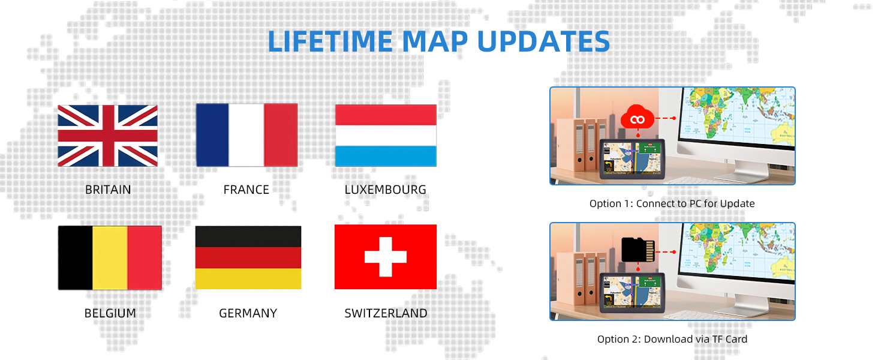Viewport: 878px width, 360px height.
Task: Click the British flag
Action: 107,136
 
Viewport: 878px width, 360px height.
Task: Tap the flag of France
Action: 246,135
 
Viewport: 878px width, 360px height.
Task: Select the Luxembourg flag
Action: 386,135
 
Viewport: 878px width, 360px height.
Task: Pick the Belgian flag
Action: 110,257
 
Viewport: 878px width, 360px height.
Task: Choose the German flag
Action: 248,257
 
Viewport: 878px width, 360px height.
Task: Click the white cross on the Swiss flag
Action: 385,257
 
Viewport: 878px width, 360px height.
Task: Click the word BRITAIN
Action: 108,190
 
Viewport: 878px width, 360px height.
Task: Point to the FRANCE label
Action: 246,190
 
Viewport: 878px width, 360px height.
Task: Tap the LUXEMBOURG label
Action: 385,190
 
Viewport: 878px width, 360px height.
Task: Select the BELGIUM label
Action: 110,313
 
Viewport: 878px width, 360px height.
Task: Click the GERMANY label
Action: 248,313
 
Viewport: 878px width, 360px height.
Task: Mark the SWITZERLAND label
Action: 386,313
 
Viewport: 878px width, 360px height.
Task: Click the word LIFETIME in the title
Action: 330,41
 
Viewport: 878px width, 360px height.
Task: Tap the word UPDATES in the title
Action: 543,41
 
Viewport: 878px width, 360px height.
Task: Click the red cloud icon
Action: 638,117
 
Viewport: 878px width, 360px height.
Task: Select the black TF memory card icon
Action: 638,250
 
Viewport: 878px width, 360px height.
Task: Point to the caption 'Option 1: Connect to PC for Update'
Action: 672,203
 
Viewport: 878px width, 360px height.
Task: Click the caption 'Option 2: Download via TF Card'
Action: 672,339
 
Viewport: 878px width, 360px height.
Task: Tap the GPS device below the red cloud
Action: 632,159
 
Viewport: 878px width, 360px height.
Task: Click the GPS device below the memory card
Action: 632,293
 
